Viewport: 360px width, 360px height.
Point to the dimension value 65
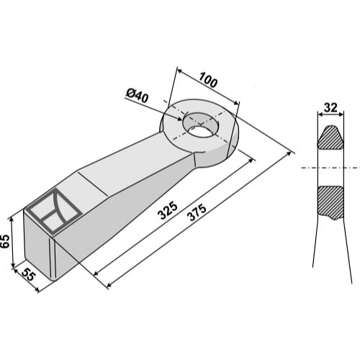tap(6, 241)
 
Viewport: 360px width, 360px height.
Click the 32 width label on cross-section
tap(331, 108)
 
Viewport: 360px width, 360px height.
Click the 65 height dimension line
tap(13, 241)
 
